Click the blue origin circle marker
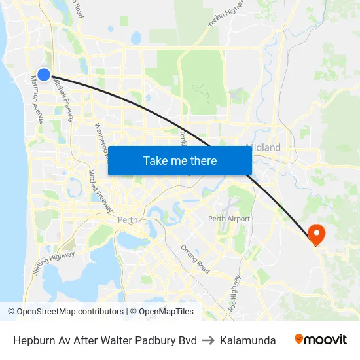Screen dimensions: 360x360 44,75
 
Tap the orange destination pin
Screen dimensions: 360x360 315,234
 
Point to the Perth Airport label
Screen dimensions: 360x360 229,219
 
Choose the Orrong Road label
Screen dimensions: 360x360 196,259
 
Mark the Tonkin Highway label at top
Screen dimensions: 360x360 226,14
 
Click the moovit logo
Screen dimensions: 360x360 321,340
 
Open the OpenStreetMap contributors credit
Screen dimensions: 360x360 66,312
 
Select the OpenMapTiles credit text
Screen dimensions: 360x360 164,312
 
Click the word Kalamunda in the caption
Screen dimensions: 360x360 248,340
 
